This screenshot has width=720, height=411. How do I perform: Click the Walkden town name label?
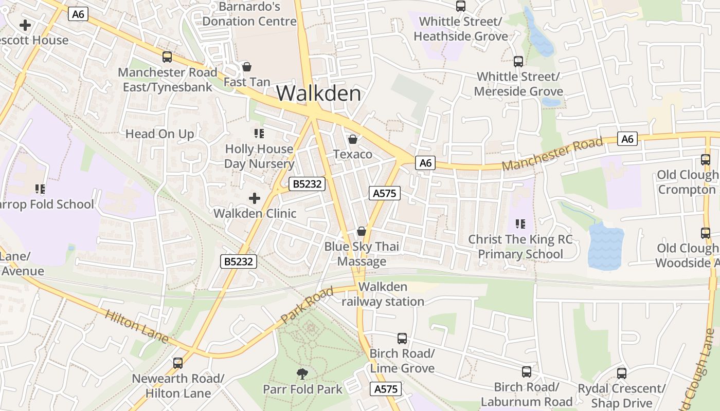319,94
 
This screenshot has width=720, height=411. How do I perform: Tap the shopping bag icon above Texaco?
353,139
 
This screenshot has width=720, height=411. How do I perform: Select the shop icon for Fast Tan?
247,67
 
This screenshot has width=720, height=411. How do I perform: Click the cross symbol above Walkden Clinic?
255,198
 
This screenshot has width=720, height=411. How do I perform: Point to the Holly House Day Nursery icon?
259,134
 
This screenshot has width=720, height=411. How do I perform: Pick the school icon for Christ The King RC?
520,224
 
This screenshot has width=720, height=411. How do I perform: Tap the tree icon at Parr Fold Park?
302,374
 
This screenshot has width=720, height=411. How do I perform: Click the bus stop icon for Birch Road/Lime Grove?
402,339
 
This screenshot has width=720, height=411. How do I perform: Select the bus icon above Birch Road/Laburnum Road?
527,372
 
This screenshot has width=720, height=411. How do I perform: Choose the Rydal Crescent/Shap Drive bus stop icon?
622,373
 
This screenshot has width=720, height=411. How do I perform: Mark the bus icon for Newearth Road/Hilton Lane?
178,363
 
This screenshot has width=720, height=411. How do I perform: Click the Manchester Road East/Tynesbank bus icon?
167,57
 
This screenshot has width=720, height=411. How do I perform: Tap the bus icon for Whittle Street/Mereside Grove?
518,62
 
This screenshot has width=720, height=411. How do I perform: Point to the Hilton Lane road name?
137,326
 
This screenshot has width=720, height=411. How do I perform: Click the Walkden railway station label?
383,294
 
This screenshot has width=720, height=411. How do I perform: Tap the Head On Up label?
160,134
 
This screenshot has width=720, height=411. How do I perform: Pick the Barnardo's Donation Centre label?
249,14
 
